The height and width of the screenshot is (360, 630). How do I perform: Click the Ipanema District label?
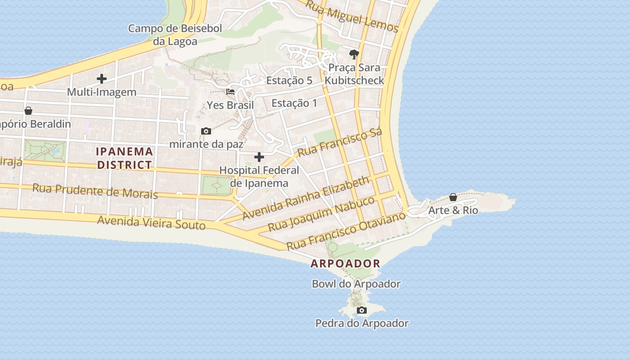[x=125, y=158]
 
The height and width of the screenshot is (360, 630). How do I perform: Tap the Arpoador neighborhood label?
[x=346, y=264]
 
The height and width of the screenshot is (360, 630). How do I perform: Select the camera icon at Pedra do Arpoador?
[x=361, y=310]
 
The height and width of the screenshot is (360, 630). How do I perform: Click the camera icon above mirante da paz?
[x=206, y=131]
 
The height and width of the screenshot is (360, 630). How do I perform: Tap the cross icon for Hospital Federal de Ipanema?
[x=259, y=157]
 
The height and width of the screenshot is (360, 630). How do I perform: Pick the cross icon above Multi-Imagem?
[x=102, y=79]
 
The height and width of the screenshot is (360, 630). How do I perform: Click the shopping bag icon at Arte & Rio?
[x=453, y=198]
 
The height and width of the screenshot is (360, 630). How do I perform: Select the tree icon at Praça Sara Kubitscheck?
[x=354, y=54]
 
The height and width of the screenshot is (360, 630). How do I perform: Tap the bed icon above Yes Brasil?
[x=230, y=92]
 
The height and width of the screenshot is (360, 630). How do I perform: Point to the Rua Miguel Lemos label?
[x=352, y=16]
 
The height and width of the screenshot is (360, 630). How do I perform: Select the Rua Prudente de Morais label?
[x=95, y=191]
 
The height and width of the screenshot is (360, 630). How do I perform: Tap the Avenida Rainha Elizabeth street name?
[x=306, y=198]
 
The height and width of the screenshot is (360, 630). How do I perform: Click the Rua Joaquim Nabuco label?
[x=321, y=214]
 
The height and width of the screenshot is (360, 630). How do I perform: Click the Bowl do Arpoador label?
[x=356, y=284]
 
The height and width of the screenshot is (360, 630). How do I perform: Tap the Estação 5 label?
[x=289, y=81]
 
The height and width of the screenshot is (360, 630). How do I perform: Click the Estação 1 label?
[x=294, y=103]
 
